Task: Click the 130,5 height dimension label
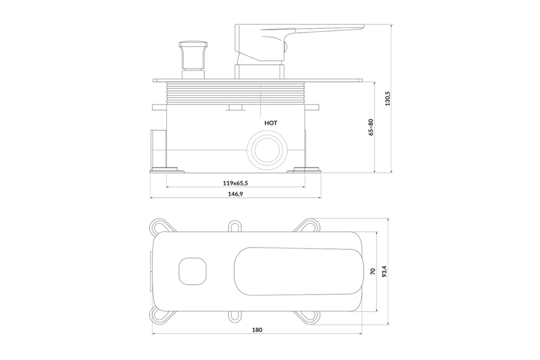(x=387, y=99)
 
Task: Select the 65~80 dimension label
(x=371, y=127)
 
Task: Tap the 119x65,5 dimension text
(x=235, y=183)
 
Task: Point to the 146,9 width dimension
(x=235, y=194)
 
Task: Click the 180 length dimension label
(x=257, y=330)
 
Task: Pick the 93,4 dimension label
(x=384, y=271)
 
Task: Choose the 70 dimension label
(x=373, y=271)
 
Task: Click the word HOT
(x=271, y=123)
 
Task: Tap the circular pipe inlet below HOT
(x=267, y=150)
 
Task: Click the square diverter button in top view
(x=193, y=271)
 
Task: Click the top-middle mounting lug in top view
(x=235, y=226)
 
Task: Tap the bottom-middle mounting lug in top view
(x=235, y=317)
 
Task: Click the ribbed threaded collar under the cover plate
(x=235, y=93)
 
